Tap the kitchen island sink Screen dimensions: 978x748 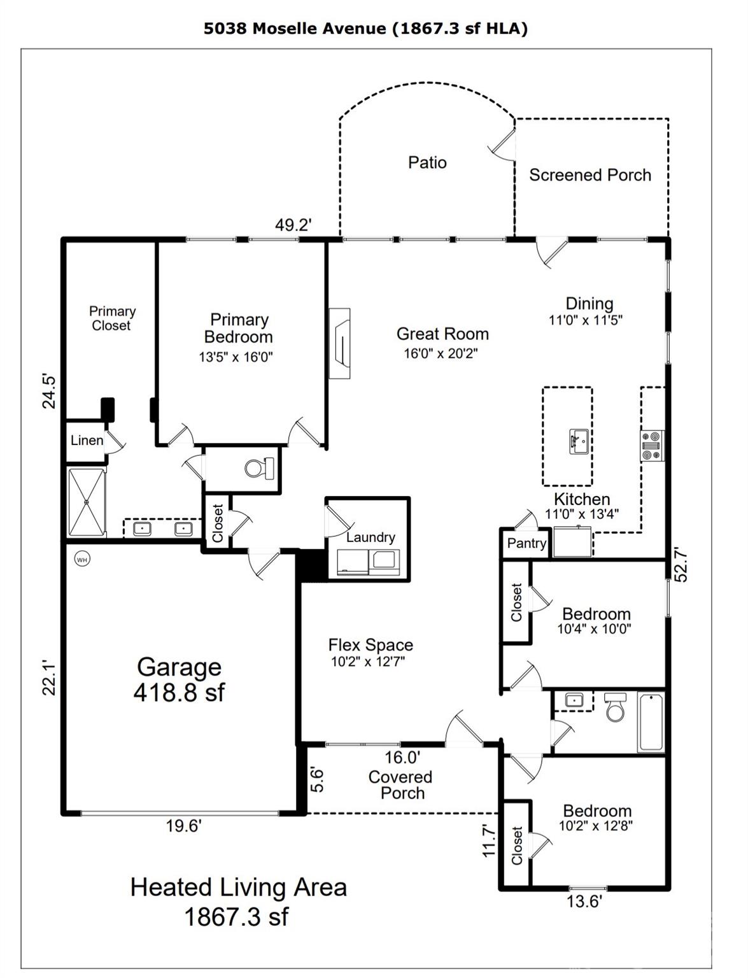[579, 441]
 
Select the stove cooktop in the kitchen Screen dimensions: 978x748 [651, 446]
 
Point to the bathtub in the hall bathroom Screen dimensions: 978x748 [651, 722]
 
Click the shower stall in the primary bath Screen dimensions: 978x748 [87, 503]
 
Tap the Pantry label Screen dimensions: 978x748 [526, 543]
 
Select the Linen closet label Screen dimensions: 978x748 [87, 440]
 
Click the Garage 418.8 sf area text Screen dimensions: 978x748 [179, 679]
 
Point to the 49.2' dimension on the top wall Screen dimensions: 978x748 [293, 225]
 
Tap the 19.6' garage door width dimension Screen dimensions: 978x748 [183, 826]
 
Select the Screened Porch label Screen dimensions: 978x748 [590, 175]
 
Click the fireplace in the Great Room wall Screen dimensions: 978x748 [339, 344]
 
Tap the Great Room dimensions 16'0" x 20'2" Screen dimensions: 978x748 [441, 353]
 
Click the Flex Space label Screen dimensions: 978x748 [370, 645]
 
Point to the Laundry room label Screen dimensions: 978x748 [370, 537]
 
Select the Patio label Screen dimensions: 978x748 [427, 162]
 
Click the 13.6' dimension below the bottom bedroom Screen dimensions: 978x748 [584, 901]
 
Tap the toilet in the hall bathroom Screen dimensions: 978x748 [616, 707]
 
